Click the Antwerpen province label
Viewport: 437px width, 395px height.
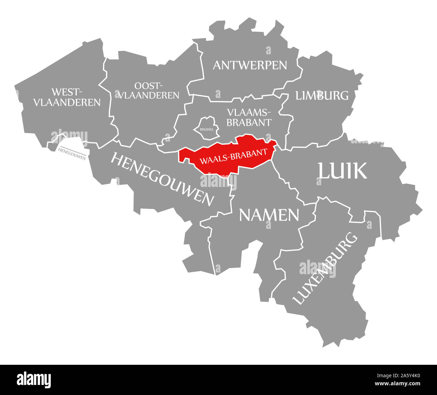pos(250,65)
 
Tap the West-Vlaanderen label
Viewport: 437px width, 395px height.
pos(67,97)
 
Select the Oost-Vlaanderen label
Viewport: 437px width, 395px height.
pos(148,90)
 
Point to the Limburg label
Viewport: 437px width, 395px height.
pos(322,95)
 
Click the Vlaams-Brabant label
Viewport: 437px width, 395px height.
pos(249,117)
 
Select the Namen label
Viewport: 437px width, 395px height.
pos(269,215)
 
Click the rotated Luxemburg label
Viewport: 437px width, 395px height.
pos(325,268)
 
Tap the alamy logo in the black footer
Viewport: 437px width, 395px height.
pos(34,380)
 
